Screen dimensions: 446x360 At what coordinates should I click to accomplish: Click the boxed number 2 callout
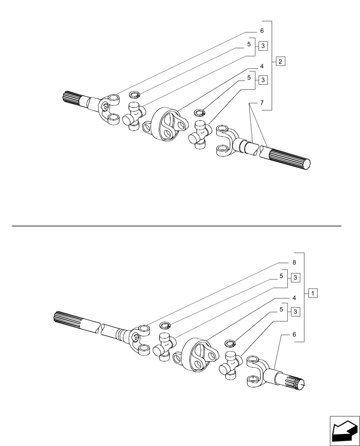280,61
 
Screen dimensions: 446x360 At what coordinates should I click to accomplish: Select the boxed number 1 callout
313,293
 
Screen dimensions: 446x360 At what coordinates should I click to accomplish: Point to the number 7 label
262,103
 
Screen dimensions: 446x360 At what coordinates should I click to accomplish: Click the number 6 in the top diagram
262,31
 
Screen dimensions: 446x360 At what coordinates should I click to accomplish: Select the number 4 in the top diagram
262,66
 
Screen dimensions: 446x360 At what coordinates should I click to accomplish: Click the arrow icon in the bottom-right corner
344,430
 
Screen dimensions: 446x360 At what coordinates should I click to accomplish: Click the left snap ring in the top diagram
135,95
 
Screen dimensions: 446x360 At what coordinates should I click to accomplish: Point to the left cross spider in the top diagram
134,116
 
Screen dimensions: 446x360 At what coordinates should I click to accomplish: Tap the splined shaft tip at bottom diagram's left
67,318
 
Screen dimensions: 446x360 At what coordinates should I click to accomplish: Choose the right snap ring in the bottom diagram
230,343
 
